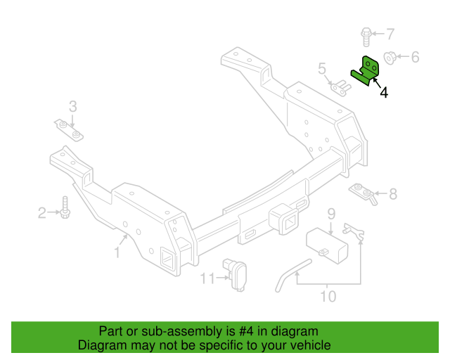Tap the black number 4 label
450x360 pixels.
tap(384, 92)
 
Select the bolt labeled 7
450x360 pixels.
tap(366, 37)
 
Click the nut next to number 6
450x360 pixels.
tap(390, 58)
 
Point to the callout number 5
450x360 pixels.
tap(322, 69)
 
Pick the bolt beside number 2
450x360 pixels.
tap(65, 207)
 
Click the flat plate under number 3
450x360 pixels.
tap(69, 130)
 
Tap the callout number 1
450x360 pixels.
tap(117, 252)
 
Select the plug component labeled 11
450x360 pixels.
tap(235, 275)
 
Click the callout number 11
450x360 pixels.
tap(207, 278)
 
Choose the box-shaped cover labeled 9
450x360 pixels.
tap(327, 245)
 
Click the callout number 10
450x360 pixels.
tap(328, 296)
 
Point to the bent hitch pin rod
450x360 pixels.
tap(293, 275)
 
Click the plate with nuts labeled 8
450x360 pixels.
tap(363, 193)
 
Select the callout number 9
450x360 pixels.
tap(331, 214)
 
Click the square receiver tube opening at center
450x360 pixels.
tap(290, 223)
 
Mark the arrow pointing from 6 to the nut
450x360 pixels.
tap(403, 56)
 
